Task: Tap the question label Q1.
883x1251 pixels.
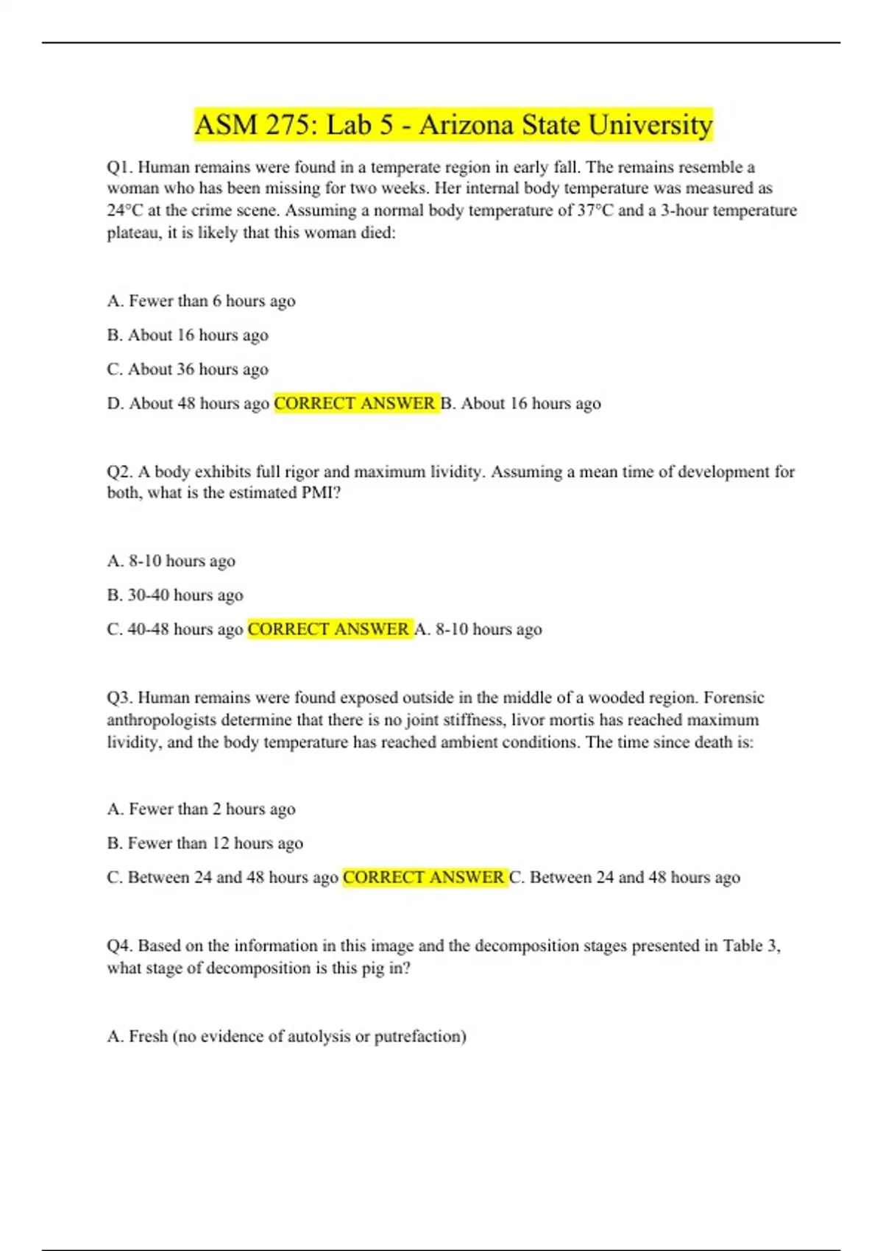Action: [119, 168]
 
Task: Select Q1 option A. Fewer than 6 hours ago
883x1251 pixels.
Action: [201, 301]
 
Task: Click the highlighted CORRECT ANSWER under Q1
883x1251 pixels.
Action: [355, 403]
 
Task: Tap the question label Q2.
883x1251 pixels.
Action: [119, 472]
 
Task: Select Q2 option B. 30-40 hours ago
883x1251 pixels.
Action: [175, 595]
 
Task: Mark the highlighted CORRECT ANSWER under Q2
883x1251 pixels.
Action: [328, 629]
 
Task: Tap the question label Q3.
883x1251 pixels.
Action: [119, 698]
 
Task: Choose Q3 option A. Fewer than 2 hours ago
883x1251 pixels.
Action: [201, 809]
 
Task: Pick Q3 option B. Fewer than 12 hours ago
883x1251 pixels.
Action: [205, 843]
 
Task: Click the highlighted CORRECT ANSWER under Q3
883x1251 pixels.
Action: [424, 877]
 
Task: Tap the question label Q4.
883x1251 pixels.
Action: [119, 946]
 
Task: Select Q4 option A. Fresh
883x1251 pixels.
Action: [286, 1036]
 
